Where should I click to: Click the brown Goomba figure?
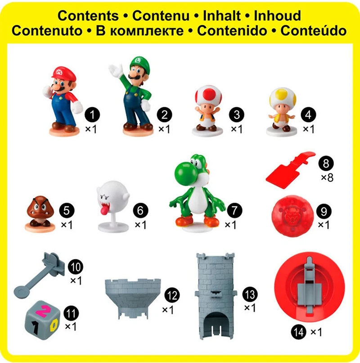[x=40, y=211]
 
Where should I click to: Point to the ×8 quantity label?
[x=327, y=177]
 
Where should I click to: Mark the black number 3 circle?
[x=236, y=114]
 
